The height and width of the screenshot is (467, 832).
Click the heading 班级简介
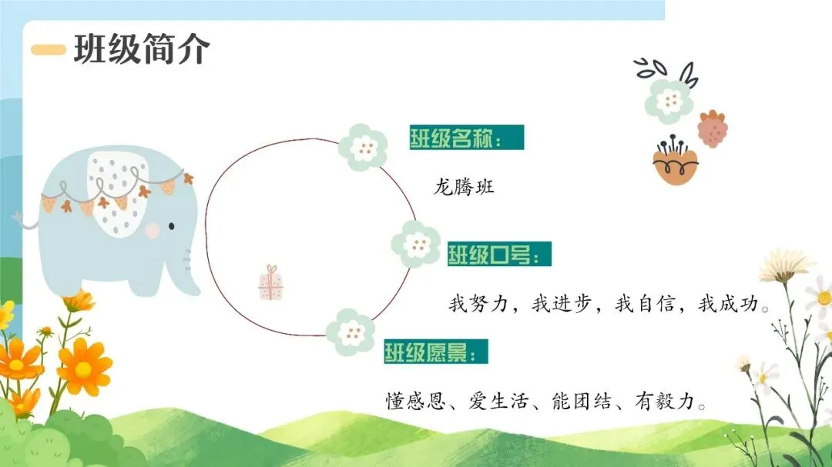point(142,49)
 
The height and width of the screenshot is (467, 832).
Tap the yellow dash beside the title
point(49,50)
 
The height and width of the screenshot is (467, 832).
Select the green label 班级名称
point(466,137)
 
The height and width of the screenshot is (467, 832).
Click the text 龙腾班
point(464,187)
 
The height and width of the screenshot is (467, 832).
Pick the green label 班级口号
point(499,254)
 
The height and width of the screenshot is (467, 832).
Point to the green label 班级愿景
point(435,352)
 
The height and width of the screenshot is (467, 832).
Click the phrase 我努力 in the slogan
point(478,304)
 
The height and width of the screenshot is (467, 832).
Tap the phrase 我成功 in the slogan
point(727,304)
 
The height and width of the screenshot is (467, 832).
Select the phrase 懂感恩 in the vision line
point(415,401)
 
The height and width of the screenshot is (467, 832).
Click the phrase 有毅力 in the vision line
point(665,401)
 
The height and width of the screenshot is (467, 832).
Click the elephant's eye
point(171,226)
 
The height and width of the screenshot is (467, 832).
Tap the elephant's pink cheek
point(153,230)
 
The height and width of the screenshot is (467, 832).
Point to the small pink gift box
point(270,283)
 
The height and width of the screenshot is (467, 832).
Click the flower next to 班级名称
point(363,148)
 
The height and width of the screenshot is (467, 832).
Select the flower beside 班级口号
point(416,244)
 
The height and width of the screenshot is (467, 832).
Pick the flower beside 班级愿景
point(351,332)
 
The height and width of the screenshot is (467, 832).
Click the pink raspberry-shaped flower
point(712,128)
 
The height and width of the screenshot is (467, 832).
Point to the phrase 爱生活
point(498,401)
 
